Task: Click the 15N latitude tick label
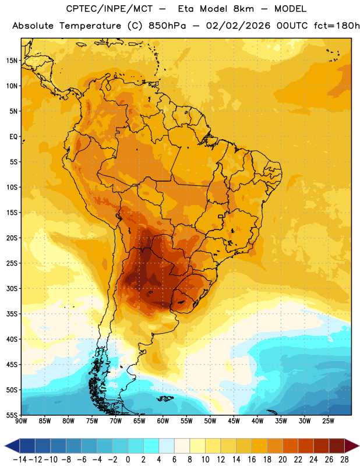pyautogui.click(x=12, y=61)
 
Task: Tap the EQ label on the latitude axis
pyautogui.click(x=13, y=137)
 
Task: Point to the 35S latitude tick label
pyautogui.click(x=12, y=314)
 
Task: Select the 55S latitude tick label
pyautogui.click(x=12, y=415)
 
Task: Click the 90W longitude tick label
pyautogui.click(x=21, y=421)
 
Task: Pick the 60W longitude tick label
pyautogui.click(x=163, y=421)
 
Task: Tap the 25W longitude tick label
pyautogui.click(x=328, y=421)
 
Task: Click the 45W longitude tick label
pyautogui.click(x=234, y=421)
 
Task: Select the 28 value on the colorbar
pyautogui.click(x=344, y=460)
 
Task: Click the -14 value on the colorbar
pyautogui.click(x=20, y=460)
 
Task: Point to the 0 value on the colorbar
pyautogui.click(x=128, y=460)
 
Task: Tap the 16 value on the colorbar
pyautogui.click(x=252, y=460)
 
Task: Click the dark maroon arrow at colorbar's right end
pyautogui.click(x=352, y=446)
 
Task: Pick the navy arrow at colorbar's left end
pyautogui.click(x=12, y=446)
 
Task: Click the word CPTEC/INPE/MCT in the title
pyautogui.click(x=110, y=9)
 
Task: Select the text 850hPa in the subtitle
pyautogui.click(x=167, y=26)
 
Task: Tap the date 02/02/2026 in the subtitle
pyautogui.click(x=238, y=26)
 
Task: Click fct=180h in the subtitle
pyautogui.click(x=337, y=26)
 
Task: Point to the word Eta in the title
pyautogui.click(x=186, y=9)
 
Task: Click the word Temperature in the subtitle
pyautogui.click(x=90, y=26)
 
